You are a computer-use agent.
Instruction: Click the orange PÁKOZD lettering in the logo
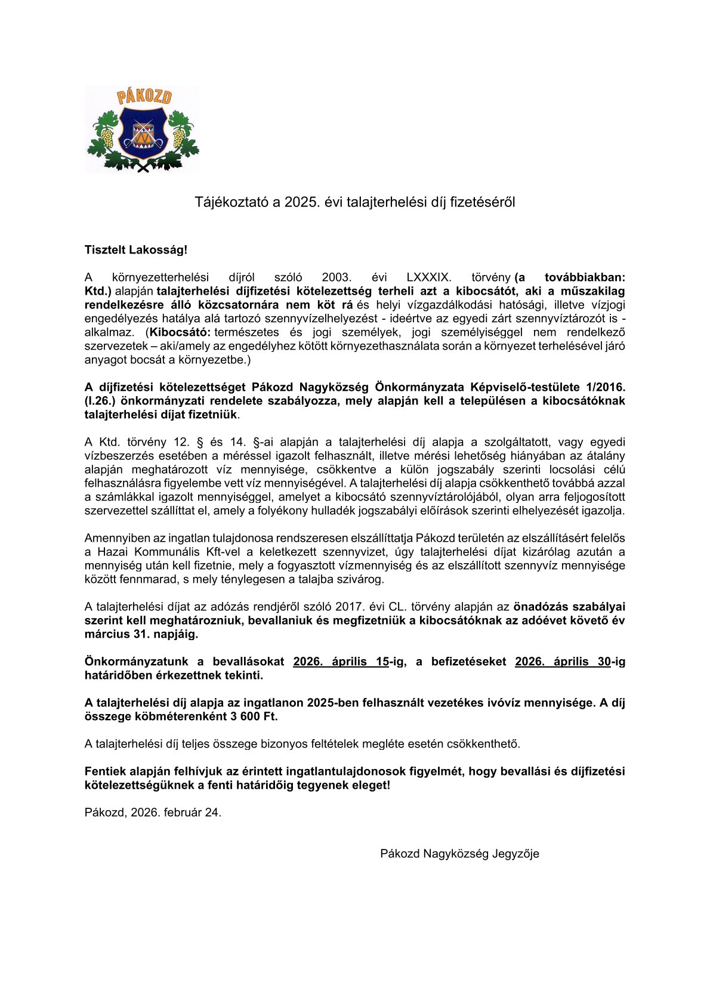tap(143, 97)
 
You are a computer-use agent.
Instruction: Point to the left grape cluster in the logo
tap(107, 138)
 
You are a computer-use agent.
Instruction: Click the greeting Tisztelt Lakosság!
tap(136, 250)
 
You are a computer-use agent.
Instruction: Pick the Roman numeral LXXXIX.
tap(428, 277)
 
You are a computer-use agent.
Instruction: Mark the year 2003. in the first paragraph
tap(337, 277)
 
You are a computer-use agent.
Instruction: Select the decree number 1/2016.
tap(603, 387)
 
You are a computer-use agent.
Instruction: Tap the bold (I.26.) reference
tap(100, 401)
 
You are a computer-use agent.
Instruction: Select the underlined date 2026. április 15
tap(341, 662)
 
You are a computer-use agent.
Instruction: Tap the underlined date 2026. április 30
tap(563, 662)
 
